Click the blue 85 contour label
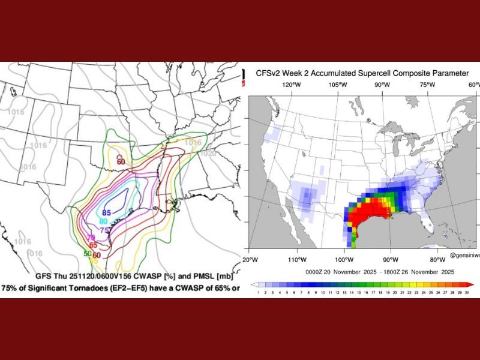click(107, 212)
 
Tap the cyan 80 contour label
click(103, 221)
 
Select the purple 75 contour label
click(104, 230)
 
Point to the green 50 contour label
click(87, 254)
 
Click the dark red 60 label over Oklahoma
click(121, 161)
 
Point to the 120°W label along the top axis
click(292, 85)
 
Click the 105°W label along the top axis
click(338, 85)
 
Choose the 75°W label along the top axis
click(427, 85)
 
